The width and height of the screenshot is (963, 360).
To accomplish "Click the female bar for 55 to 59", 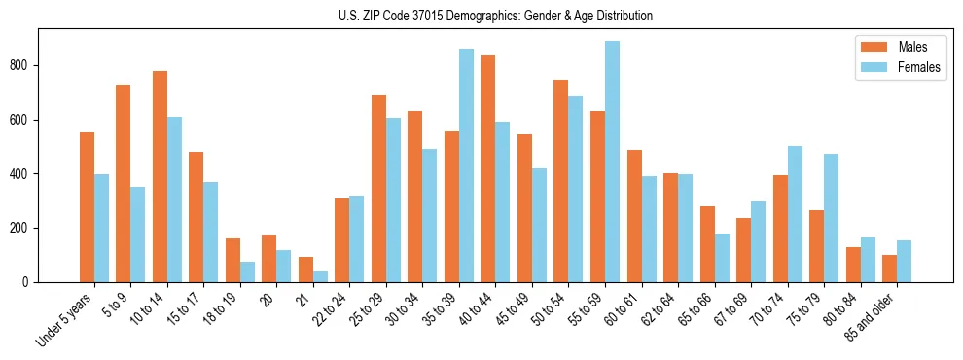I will coord(612,162).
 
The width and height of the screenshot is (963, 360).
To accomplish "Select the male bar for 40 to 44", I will coord(488,168).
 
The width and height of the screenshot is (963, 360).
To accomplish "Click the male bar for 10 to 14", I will coord(160,176).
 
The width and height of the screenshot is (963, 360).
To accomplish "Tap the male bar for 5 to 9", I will coord(124,183).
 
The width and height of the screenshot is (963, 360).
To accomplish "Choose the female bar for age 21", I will coord(320,276).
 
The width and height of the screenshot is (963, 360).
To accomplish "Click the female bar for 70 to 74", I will coord(795,214).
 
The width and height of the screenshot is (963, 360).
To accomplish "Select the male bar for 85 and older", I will coord(889,269).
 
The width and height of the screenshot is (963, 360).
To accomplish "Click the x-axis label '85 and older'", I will coord(871,315).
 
